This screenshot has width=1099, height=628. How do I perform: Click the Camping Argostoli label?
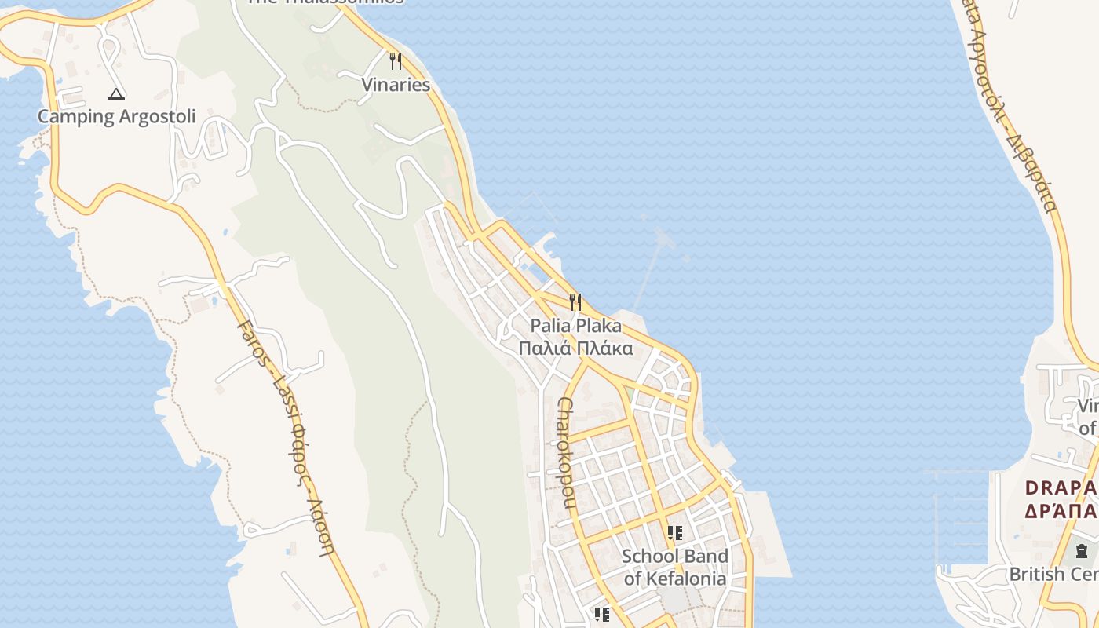[x=116, y=117]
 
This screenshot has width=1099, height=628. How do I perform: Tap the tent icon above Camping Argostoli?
[x=116, y=95]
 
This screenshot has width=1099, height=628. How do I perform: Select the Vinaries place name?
[x=396, y=85]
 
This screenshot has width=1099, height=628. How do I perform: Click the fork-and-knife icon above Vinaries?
[x=396, y=61]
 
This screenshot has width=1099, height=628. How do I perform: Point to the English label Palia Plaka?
[x=575, y=326]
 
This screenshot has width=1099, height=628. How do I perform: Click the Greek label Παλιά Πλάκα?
[x=575, y=348]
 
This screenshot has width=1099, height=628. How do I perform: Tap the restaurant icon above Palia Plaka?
[x=575, y=301]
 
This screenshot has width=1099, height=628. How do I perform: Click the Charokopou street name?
[x=567, y=451]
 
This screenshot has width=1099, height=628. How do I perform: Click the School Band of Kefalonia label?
[x=675, y=568]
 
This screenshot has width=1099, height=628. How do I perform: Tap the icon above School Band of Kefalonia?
[x=675, y=533]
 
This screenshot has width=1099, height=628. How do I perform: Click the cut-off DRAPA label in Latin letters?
[x=1061, y=487]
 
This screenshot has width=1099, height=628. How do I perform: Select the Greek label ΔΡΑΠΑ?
[x=1061, y=511]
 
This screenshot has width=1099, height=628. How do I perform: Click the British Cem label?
[x=1053, y=575]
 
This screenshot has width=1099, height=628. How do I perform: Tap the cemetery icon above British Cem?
[x=1083, y=550]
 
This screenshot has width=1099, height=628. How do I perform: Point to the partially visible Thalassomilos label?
[x=325, y=2]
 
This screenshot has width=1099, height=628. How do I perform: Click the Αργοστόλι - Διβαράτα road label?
[x=1013, y=110]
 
